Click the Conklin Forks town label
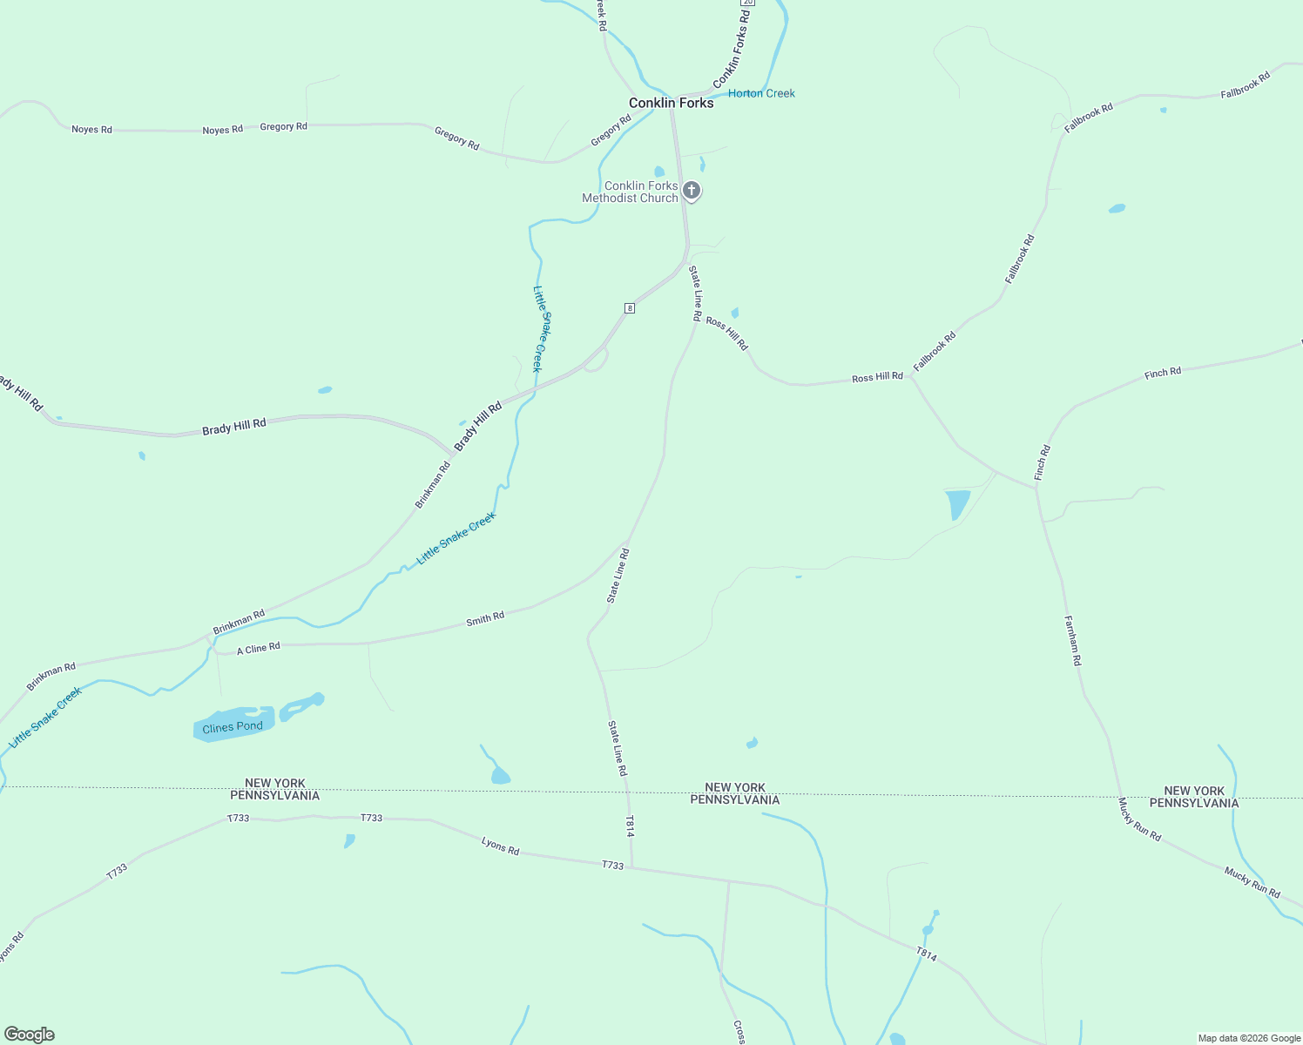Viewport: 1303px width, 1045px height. (x=671, y=103)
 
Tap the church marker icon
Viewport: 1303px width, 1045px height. (x=692, y=190)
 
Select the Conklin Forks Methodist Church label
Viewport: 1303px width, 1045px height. (x=630, y=192)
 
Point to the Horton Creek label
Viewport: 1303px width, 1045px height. (x=761, y=93)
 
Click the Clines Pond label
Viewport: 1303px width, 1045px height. (x=232, y=727)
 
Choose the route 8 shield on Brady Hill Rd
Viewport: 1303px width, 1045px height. (x=629, y=308)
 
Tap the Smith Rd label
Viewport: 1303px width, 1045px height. (x=485, y=619)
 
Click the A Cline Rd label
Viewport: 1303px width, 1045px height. (x=259, y=649)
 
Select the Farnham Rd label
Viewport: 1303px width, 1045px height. (x=1072, y=641)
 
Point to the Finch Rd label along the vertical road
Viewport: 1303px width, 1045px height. (x=1042, y=462)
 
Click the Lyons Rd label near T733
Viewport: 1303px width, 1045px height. (x=500, y=845)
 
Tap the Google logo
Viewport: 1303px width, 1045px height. (x=29, y=1035)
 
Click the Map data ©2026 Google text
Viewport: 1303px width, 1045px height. (x=1248, y=1038)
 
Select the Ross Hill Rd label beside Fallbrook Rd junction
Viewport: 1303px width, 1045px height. (x=877, y=377)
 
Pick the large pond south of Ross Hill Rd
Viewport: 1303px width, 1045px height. (x=956, y=504)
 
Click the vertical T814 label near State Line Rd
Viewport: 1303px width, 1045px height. (x=630, y=826)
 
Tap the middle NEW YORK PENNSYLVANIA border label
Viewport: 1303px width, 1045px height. (x=735, y=793)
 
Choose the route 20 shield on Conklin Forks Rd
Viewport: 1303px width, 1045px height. (x=749, y=3)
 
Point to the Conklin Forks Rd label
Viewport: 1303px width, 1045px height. (x=733, y=49)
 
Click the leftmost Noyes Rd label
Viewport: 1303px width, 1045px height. (x=91, y=130)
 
